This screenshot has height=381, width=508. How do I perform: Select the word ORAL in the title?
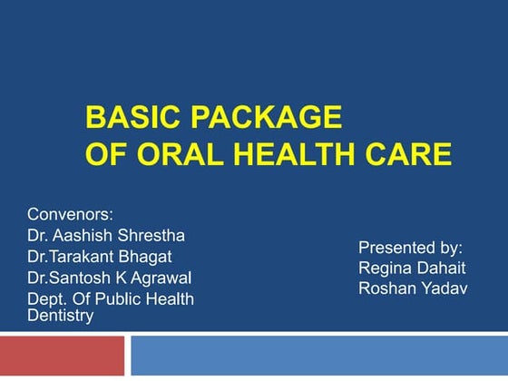[174, 154]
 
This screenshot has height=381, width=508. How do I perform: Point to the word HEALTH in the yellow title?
[296, 154]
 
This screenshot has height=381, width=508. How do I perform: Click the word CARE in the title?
[414, 154]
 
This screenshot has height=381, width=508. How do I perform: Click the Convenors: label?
[69, 215]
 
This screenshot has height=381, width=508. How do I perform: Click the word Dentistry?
[60, 315]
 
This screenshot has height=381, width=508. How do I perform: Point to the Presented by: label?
[410, 247]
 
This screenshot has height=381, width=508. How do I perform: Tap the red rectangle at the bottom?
[61, 357]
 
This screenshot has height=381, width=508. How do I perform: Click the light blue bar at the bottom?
[318, 357]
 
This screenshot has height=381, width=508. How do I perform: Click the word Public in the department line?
[126, 298]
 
